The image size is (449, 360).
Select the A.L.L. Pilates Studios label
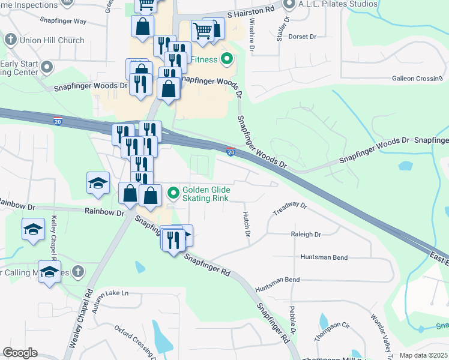(x=338, y=4)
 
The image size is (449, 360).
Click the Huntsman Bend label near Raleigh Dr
(x=324, y=257)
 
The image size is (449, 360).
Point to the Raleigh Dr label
(x=306, y=235)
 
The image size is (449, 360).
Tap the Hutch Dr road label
(x=246, y=223)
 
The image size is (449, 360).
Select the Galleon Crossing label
(x=417, y=79)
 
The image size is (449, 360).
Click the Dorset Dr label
(x=302, y=37)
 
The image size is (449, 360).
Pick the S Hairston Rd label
(x=250, y=11)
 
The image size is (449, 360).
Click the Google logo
(x=20, y=353)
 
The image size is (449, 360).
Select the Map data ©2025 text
(x=423, y=355)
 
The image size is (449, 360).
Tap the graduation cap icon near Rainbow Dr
(x=98, y=182)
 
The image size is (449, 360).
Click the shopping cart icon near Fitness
(x=203, y=30)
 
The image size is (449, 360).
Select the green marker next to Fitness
(x=227, y=59)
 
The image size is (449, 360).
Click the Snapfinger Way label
(x=63, y=20)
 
